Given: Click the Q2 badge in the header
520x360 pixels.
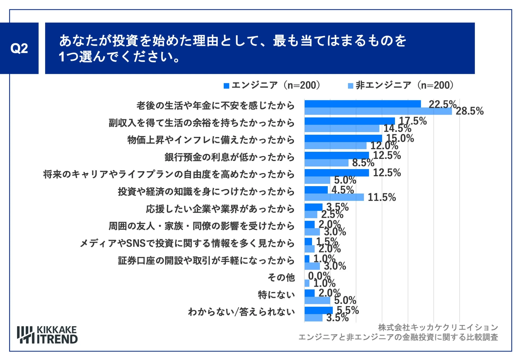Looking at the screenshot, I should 19,48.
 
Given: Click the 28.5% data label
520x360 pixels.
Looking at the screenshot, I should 469,111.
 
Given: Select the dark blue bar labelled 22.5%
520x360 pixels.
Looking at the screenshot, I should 362,104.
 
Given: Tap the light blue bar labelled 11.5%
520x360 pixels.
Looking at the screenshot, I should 334,197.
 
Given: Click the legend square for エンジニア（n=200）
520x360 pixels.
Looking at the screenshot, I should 226,86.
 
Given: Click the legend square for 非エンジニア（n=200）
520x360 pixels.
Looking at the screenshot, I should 350,86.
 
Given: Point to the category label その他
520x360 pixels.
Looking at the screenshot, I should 281,278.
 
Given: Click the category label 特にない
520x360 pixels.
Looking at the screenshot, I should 276,295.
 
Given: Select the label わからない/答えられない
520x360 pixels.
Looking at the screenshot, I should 241,312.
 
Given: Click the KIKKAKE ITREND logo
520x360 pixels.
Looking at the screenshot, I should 47,335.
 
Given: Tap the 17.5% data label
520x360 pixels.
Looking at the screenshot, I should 413,121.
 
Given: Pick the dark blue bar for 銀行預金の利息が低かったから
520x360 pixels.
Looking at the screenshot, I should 337,155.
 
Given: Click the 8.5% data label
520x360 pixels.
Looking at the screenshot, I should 363,163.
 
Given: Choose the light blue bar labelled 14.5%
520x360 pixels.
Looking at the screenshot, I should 342,129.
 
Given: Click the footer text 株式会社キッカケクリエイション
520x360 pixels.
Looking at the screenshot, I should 438,327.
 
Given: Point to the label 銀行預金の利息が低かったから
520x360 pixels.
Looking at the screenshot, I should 229,157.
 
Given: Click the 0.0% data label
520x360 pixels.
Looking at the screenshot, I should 319,275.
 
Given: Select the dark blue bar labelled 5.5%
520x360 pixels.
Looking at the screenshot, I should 318,310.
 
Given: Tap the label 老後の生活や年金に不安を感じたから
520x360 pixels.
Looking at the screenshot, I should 215,106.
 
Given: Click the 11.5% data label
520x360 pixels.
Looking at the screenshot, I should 382,198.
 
